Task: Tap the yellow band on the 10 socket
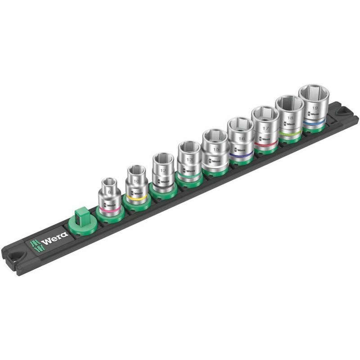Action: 136,198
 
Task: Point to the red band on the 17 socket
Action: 265,143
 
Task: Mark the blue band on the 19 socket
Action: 314,122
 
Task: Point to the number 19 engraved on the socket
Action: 315,108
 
